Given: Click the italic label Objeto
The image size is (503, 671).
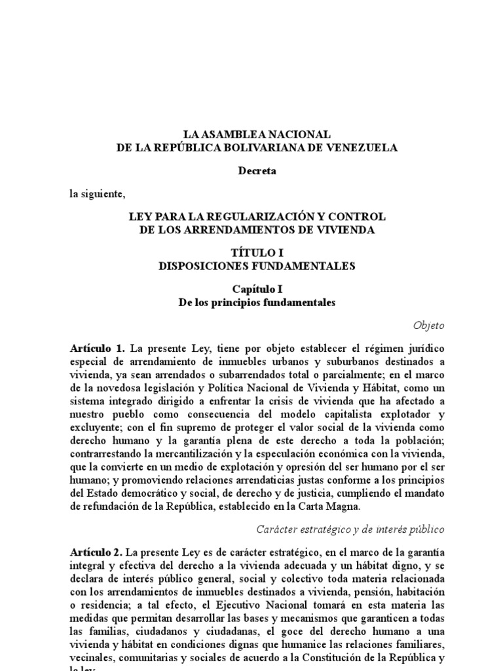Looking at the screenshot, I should coord(429,325).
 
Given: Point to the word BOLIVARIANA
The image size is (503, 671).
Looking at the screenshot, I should coord(265,148).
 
